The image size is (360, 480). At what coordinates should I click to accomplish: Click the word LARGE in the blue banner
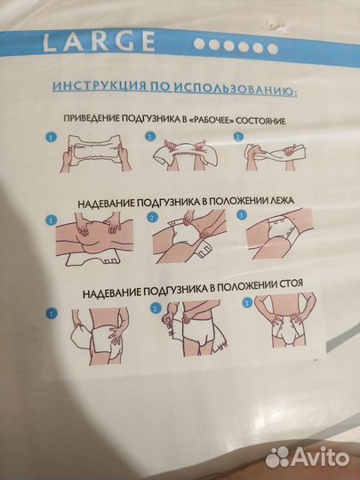pyautogui.click(x=99, y=42)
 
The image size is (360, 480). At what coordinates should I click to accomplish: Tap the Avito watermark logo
pyautogui.click(x=307, y=458)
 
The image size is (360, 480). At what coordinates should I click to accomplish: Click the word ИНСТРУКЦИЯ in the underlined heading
pyautogui.click(x=100, y=86)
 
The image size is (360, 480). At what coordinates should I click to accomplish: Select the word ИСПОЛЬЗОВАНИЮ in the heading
pyautogui.click(x=235, y=89)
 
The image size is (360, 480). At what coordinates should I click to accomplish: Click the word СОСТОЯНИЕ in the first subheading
pyautogui.click(x=260, y=121)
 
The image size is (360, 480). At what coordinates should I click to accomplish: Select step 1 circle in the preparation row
pyautogui.click(x=52, y=137)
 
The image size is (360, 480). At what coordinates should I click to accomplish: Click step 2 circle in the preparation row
pyautogui.click(x=150, y=137)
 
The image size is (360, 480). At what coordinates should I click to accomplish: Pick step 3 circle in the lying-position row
pyautogui.click(x=242, y=215)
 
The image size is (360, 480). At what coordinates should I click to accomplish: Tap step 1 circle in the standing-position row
pyautogui.click(x=52, y=314)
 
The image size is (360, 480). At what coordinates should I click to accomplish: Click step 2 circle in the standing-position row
pyautogui.click(x=156, y=308)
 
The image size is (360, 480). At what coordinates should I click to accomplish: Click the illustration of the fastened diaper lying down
pyautogui.click(x=279, y=234)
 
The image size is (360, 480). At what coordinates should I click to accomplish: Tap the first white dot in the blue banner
pyautogui.click(x=199, y=44)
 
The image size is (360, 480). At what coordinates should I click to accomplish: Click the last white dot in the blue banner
pyautogui.click(x=272, y=49)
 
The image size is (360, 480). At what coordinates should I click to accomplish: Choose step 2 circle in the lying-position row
pyautogui.click(x=152, y=218)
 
